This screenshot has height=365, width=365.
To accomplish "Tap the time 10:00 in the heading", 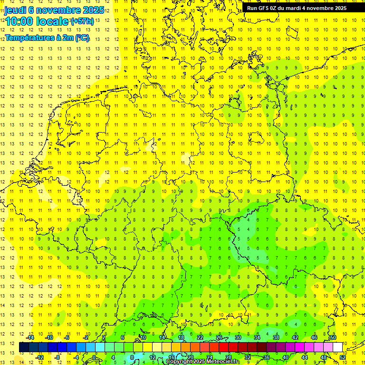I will coord(21,21).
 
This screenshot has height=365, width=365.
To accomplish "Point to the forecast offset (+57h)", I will coord(82,21).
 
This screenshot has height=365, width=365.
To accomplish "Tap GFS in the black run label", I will coord(264,8).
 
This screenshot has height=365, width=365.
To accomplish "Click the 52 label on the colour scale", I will coord(343,357).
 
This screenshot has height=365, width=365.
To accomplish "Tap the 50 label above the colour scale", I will coord(333,337).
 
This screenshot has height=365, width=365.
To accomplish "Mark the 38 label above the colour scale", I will coord(276,337).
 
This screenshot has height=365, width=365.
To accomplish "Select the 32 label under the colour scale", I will coord(248,357).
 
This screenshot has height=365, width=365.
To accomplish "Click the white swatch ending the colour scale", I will coord(338,347).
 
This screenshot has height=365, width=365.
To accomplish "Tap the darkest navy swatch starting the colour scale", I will coord(24,347).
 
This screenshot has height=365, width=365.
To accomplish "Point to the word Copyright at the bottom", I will coord(179,362).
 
